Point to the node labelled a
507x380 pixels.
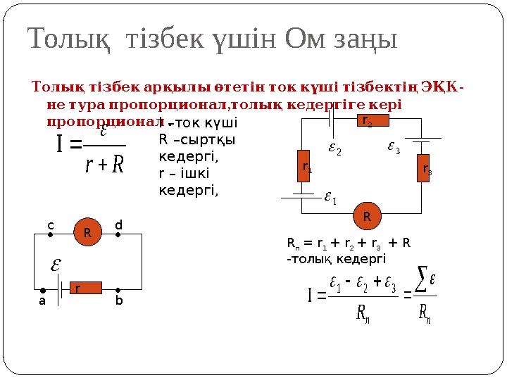pos(42,290)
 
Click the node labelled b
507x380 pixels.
pos(118,290)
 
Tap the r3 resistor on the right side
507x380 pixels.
pos(423,168)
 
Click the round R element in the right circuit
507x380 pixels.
pos(367,215)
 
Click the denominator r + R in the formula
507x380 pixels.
pos(104,166)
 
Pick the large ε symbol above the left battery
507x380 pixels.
pos(54,265)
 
